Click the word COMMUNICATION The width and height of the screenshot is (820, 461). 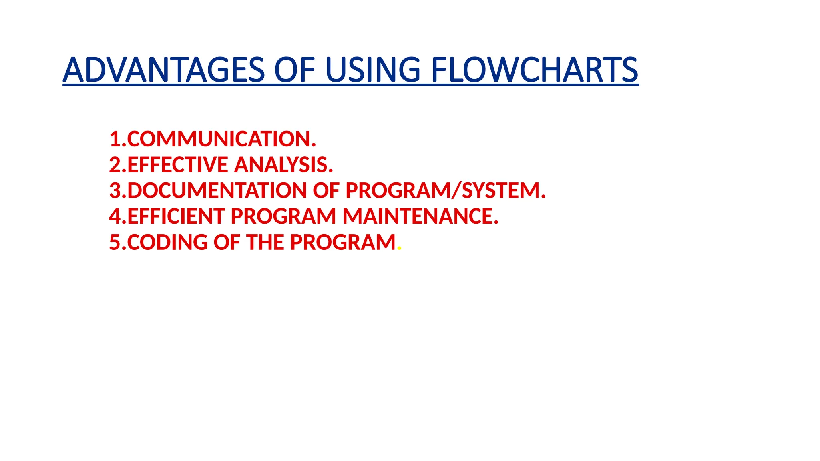tap(221, 139)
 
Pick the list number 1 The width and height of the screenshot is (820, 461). tap(115, 139)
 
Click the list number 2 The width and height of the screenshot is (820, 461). tap(115, 165)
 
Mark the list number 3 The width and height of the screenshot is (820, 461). tap(115, 190)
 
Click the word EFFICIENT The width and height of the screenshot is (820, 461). tap(176, 216)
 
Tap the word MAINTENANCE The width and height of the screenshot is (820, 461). tap(420, 216)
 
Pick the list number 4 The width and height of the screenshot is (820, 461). tap(115, 216)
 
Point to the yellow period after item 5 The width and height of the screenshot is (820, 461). tap(399, 249)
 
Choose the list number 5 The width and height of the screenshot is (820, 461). tap(115, 242)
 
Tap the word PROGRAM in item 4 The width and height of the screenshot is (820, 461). tap(283, 216)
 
